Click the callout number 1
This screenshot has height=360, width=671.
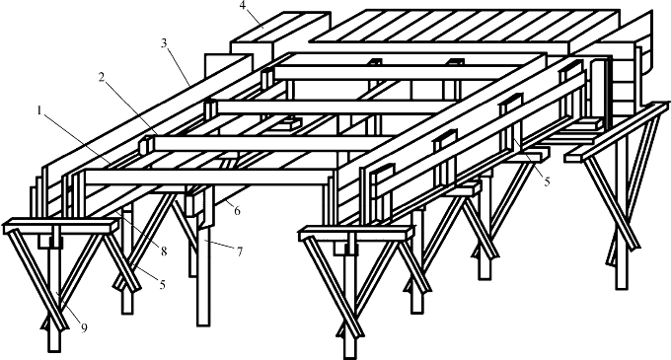pyautogui.click(x=39, y=111)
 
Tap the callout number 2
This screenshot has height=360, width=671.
pyautogui.click(x=102, y=78)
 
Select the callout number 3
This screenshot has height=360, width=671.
pyautogui.click(x=165, y=43)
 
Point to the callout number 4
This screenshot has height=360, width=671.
pyautogui.click(x=243, y=7)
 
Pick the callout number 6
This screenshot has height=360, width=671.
pyautogui.click(x=237, y=210)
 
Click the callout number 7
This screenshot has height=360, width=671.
pyautogui.click(x=240, y=252)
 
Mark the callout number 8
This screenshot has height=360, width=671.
pyautogui.click(x=164, y=252)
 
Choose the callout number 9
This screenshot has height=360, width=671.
pyautogui.click(x=84, y=328)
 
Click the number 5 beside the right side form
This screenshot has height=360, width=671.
pyautogui.click(x=548, y=181)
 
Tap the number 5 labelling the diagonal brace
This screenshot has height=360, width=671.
pyautogui.click(x=162, y=284)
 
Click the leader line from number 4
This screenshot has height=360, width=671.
pyautogui.click(x=255, y=20)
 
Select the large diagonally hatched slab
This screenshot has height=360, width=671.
pyautogui.click(x=465, y=27)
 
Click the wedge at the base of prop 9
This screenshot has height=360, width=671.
pyautogui.click(x=54, y=324)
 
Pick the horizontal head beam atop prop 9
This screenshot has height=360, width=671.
pyautogui.click(x=61, y=225)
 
